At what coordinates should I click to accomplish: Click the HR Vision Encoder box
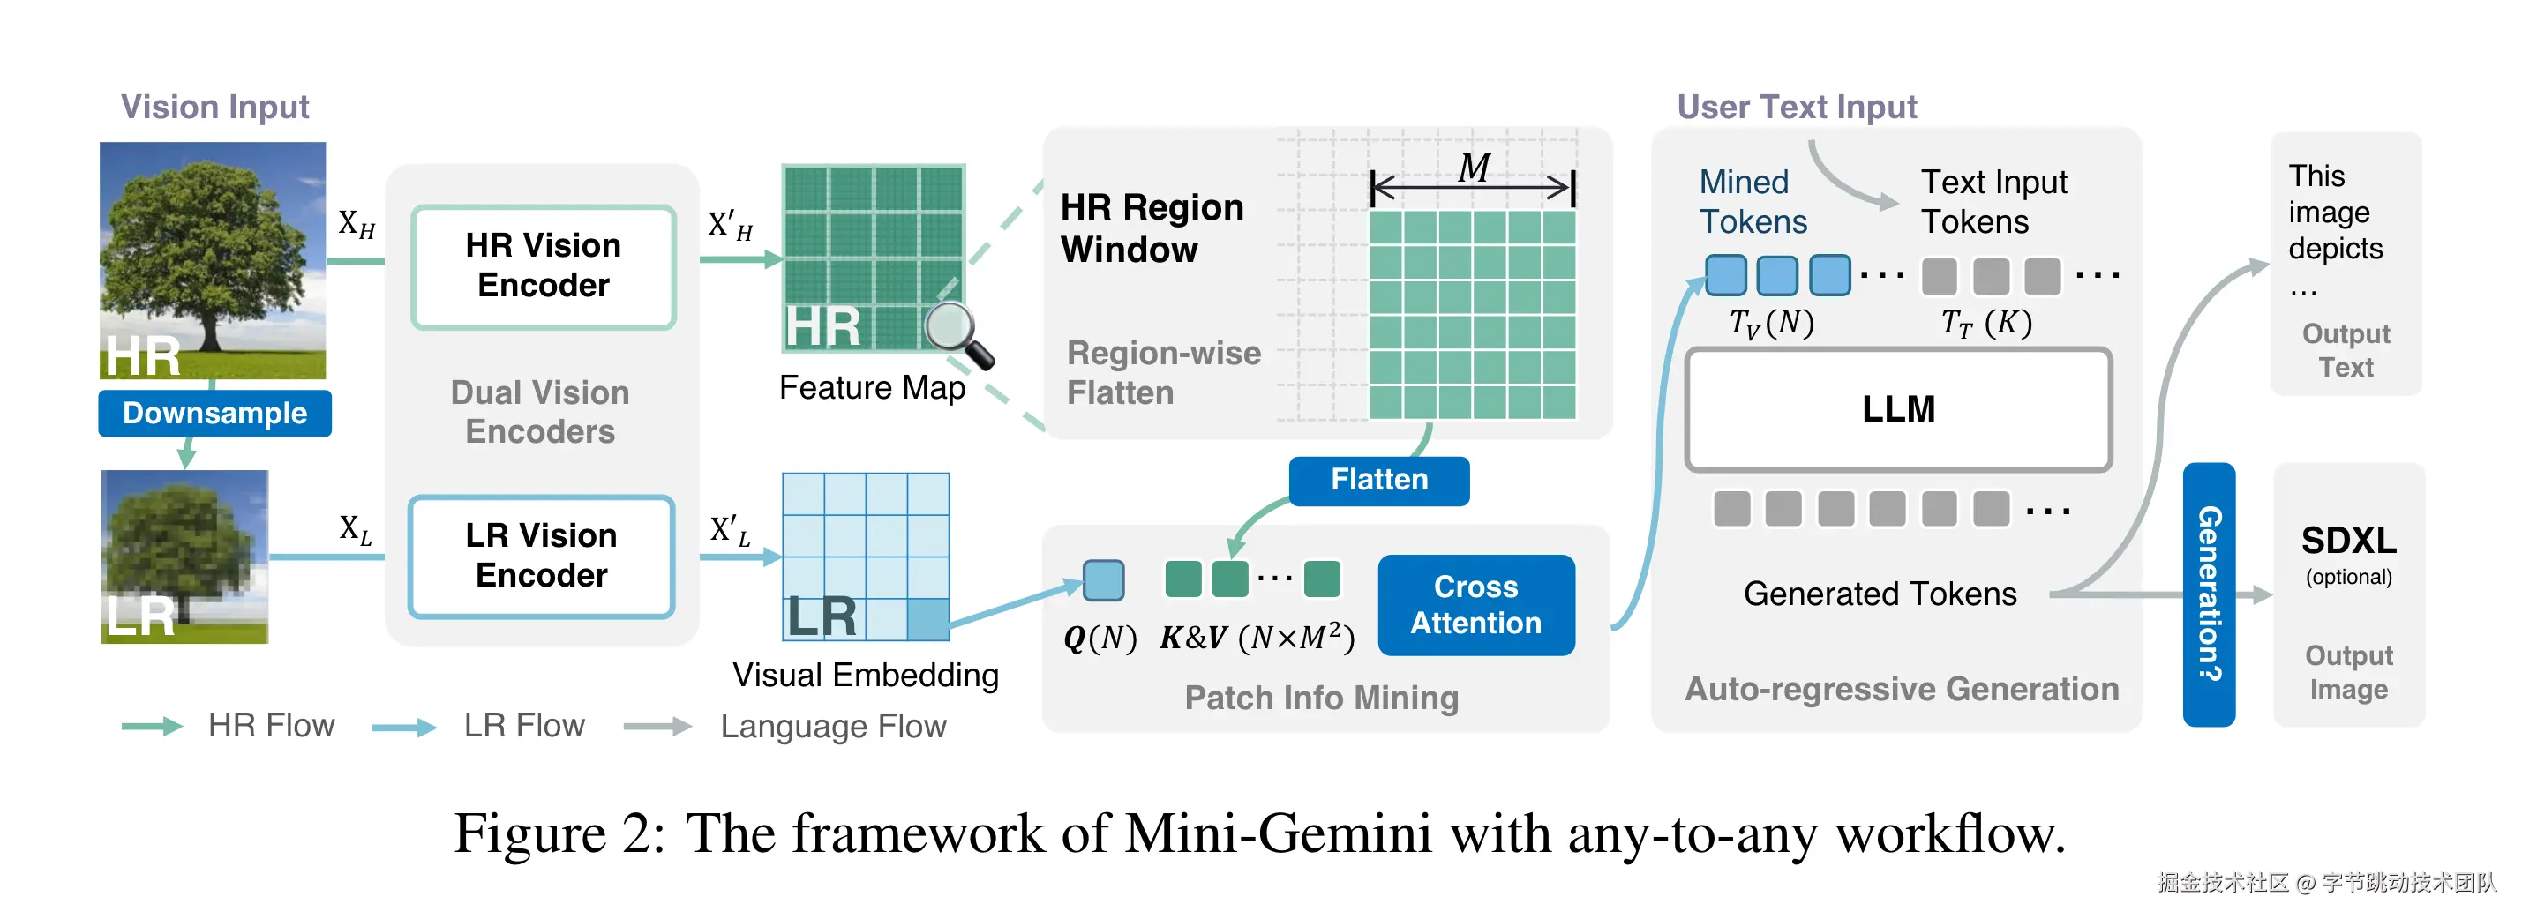pos(544,266)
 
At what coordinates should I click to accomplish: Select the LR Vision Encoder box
pos(542,556)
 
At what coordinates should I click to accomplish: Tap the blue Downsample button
pos(214,413)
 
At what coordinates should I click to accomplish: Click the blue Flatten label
pos(1378,480)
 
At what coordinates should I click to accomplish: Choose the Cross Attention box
pos(1475,605)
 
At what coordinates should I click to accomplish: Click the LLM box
pos(1897,409)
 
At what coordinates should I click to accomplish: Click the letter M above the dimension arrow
pos(1473,168)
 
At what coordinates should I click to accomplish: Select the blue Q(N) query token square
pos(1103,580)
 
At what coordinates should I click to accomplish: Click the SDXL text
pos(2348,541)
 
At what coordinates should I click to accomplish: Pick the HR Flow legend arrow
pos(152,726)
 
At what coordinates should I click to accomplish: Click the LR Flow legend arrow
pos(403,726)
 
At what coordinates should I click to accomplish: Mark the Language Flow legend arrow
pos(657,726)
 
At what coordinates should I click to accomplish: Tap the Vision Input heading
pos(214,107)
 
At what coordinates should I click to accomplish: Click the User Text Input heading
pos(1796,107)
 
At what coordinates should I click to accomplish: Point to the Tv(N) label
pos(1771,322)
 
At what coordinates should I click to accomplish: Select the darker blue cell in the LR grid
pos(927,618)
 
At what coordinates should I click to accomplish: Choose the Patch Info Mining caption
pos(1321,698)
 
